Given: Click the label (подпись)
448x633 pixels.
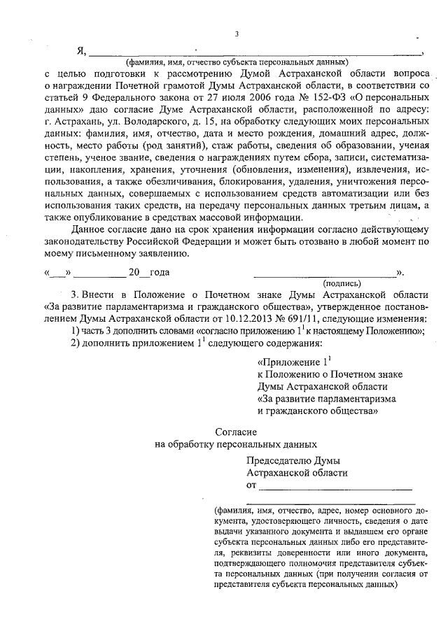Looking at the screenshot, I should [342, 283].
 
